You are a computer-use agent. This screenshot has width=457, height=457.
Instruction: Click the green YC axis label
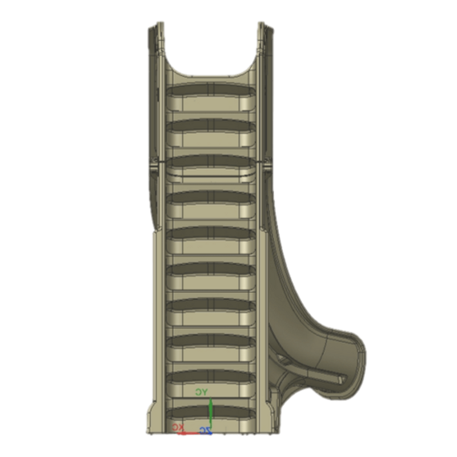pos(202,392)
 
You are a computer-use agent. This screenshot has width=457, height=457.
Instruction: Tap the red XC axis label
pos(178,427)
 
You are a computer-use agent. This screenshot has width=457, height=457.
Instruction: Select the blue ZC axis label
pos(206,431)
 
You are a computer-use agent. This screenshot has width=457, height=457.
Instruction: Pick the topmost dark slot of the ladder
pos(211,90)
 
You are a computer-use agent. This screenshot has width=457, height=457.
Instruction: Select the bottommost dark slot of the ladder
pos(211,411)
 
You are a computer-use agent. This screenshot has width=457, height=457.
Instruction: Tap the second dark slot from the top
pos(211,126)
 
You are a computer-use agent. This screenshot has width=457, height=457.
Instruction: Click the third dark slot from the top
pos(211,161)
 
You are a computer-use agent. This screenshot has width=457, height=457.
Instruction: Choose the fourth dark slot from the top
pos(211,197)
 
